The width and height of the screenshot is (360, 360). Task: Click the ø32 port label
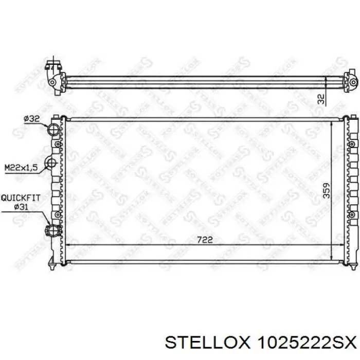point(32,119)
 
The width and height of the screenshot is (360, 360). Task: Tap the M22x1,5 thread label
point(21,167)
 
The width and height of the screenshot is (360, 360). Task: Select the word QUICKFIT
point(21,198)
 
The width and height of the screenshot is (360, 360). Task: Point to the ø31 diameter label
point(21,207)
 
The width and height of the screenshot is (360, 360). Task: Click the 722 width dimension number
point(205,240)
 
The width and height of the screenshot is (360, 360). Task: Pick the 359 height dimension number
point(326,190)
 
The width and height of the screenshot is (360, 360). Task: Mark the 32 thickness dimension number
point(322,99)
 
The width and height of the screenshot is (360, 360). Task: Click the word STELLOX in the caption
point(207,343)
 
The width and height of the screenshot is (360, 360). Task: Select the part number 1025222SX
point(307,343)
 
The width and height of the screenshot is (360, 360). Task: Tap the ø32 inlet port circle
point(53,129)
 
